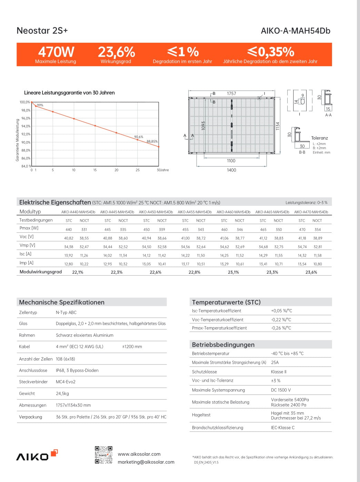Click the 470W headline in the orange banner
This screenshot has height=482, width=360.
point(56,52)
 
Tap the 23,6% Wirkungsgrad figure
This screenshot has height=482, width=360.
point(116,52)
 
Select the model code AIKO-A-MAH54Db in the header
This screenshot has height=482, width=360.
point(296,31)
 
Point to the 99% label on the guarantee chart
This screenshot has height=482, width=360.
point(40,105)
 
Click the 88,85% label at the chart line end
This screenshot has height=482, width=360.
point(152,141)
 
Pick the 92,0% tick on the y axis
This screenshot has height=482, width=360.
point(26,134)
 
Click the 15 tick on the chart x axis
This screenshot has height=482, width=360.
point(95,170)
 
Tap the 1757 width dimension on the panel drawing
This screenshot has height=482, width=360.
point(231,93)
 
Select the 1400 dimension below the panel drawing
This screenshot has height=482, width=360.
point(231,170)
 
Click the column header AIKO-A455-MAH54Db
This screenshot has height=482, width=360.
point(194,212)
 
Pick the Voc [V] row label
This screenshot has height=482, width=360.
point(27,237)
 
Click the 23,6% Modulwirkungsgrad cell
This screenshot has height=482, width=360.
point(311,272)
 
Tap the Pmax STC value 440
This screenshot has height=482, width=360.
point(69,229)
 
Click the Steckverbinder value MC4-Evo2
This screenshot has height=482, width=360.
point(66,382)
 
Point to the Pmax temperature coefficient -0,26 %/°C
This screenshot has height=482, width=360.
point(281,328)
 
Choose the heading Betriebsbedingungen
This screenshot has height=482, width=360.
point(223,345)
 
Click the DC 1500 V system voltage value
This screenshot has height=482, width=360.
point(281,390)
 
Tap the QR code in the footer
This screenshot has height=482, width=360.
point(103,455)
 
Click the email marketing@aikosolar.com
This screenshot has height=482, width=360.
point(146,462)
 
